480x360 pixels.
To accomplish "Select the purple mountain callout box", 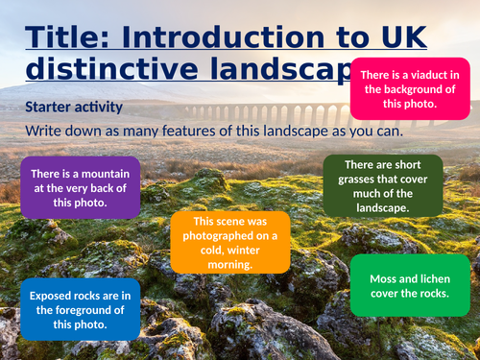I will pos(81,187).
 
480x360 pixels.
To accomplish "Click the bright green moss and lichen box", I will pos(409,285).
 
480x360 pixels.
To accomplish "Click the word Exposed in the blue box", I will pos(55,296).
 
